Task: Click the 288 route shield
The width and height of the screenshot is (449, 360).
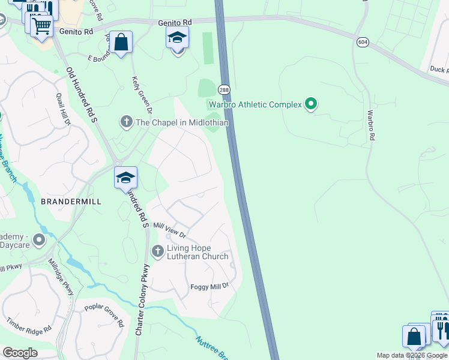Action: coord(223,89)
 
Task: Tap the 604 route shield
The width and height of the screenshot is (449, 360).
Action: coord(362,42)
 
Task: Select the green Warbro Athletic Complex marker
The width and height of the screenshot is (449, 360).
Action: coord(310,104)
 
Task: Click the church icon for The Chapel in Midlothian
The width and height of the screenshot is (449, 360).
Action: coord(126,122)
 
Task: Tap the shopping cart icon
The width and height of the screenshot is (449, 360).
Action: coord(41,26)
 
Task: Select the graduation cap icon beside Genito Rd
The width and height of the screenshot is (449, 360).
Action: coord(177,38)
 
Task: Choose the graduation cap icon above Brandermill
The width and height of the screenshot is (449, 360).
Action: coord(126,178)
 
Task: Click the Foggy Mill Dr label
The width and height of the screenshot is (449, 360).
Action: coord(209,287)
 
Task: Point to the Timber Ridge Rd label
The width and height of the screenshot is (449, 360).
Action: coord(29,331)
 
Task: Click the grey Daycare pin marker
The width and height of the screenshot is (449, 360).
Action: coord(39,241)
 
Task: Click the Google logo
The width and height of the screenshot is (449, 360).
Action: coord(20,353)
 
